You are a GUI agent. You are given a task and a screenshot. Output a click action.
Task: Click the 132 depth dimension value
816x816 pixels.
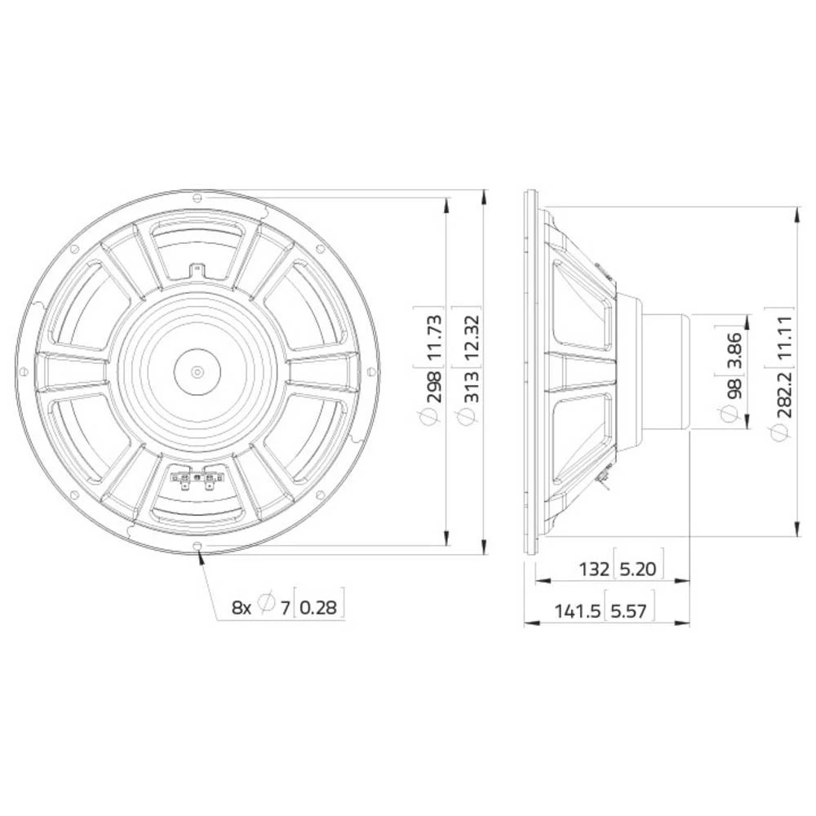point(595,569)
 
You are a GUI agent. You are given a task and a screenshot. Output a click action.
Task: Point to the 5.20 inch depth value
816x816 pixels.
point(637,569)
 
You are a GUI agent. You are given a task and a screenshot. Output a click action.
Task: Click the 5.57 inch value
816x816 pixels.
point(630,611)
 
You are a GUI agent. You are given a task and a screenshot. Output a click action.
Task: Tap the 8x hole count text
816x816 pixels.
point(242,606)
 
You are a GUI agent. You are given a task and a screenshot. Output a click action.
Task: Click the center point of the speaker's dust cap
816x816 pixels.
point(197,372)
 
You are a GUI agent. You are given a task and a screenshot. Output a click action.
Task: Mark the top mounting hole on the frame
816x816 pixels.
point(197,197)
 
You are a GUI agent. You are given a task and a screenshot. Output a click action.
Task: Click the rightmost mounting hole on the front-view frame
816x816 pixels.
point(372,372)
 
